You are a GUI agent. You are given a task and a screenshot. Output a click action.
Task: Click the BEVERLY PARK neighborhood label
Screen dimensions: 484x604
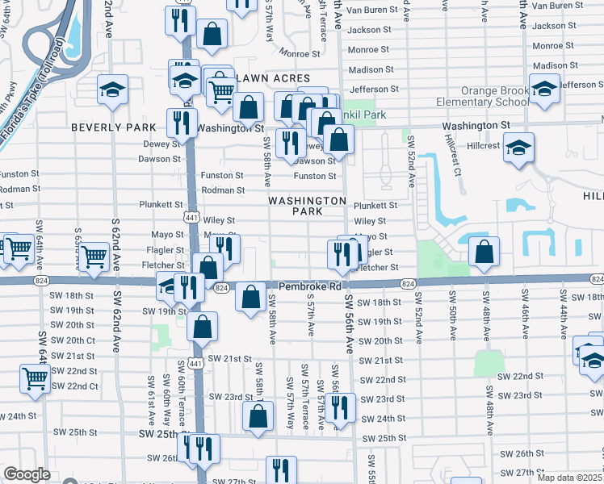tap(113, 127)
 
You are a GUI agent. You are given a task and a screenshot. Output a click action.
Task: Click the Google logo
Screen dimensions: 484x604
tap(27, 474)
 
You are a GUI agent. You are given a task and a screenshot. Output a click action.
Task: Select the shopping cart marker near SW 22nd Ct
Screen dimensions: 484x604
tap(35, 378)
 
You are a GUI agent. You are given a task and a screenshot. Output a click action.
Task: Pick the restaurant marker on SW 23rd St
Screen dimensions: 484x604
tap(340, 407)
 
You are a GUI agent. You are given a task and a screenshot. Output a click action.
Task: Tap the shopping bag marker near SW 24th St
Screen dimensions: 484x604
tap(258, 416)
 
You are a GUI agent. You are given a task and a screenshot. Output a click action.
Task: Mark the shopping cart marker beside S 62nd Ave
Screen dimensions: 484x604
tap(94, 257)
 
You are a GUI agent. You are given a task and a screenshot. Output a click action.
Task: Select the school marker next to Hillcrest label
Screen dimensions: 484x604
tap(518, 148)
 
